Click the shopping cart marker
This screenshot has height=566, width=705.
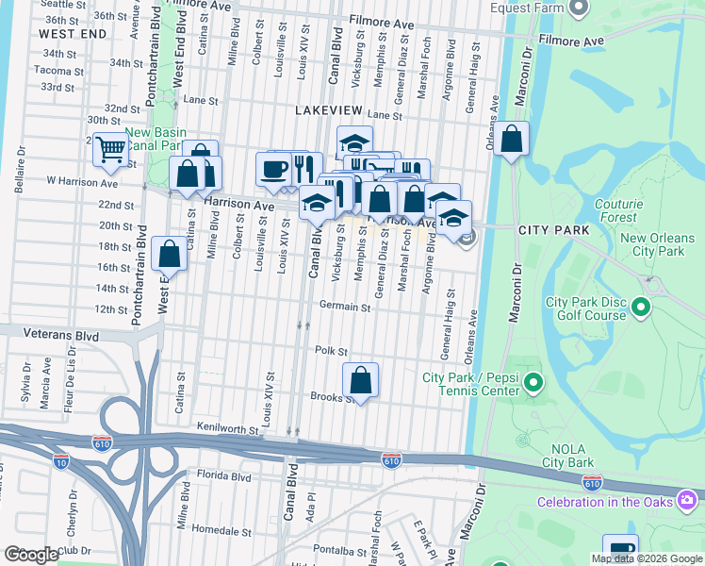[111, 149]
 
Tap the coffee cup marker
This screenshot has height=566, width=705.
[273, 170]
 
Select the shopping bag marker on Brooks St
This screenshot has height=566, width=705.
[360, 380]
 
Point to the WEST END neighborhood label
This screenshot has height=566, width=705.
[74, 33]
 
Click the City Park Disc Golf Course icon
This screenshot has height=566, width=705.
[642, 308]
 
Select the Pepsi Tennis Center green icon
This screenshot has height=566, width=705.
[533, 383]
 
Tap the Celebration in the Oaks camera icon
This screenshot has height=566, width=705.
[689, 497]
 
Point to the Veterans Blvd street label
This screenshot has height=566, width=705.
[62, 333]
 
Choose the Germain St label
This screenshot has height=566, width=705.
[345, 307]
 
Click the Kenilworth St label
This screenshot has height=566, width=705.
[228, 429]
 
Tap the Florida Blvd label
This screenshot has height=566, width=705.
[223, 477]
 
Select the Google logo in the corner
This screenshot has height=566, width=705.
[30, 554]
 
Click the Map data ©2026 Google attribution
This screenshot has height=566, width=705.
[647, 558]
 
